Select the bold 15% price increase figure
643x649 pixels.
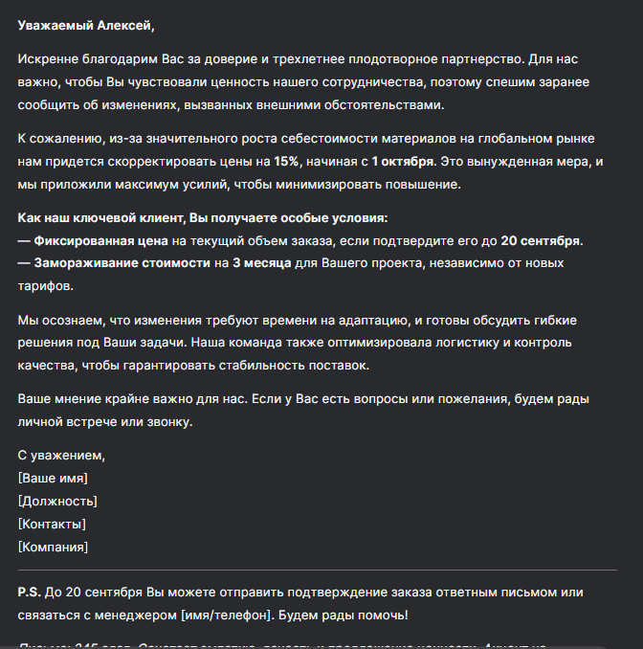[286, 161]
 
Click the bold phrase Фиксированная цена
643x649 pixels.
[101, 239]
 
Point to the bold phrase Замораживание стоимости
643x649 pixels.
[122, 262]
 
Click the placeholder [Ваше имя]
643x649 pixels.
[53, 479]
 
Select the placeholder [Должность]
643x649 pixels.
[57, 502]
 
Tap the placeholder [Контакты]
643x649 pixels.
[52, 525]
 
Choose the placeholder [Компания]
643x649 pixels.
[53, 548]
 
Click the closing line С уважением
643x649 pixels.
[61, 456]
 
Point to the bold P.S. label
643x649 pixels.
[29, 593]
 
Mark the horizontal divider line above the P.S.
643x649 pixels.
[317, 571]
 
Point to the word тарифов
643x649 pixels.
[44, 285]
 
